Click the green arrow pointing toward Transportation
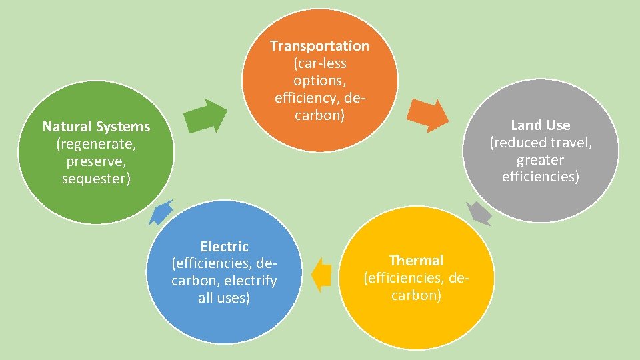click(x=206, y=117)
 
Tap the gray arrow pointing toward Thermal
click(x=479, y=213)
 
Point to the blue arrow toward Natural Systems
click(x=161, y=213)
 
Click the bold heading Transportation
click(x=319, y=46)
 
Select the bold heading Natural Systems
click(x=96, y=127)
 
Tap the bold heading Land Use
click(x=540, y=125)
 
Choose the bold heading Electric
click(x=224, y=247)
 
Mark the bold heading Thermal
click(x=416, y=260)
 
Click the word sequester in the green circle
click(x=95, y=179)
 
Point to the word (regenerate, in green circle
click(x=96, y=144)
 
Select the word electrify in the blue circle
click(x=253, y=281)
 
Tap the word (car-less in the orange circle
click(x=320, y=63)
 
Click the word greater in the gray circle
click(x=540, y=160)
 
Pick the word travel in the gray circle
click(x=568, y=143)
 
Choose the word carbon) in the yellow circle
click(x=416, y=295)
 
